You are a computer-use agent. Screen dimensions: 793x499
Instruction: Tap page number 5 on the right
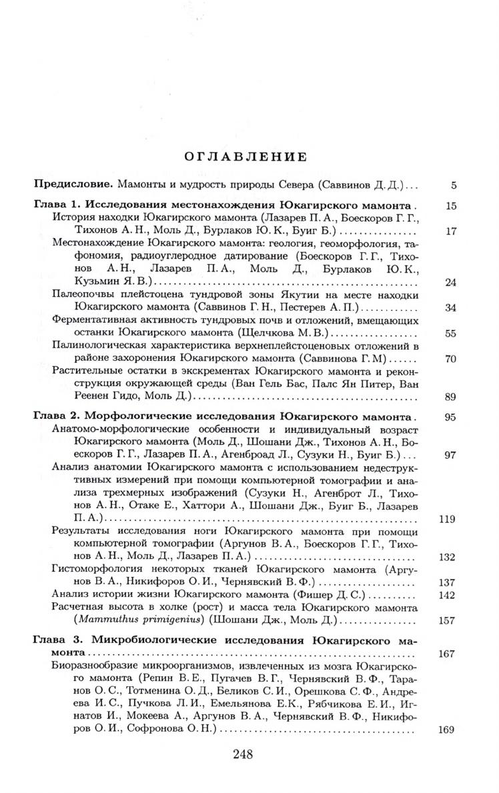click(x=453, y=185)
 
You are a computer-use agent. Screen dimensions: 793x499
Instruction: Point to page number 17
click(x=450, y=231)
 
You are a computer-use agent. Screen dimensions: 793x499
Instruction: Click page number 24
click(x=450, y=282)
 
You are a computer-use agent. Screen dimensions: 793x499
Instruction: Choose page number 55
click(x=450, y=333)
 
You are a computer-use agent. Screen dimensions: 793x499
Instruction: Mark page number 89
click(x=450, y=398)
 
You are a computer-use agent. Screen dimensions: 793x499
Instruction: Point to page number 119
click(x=447, y=519)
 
